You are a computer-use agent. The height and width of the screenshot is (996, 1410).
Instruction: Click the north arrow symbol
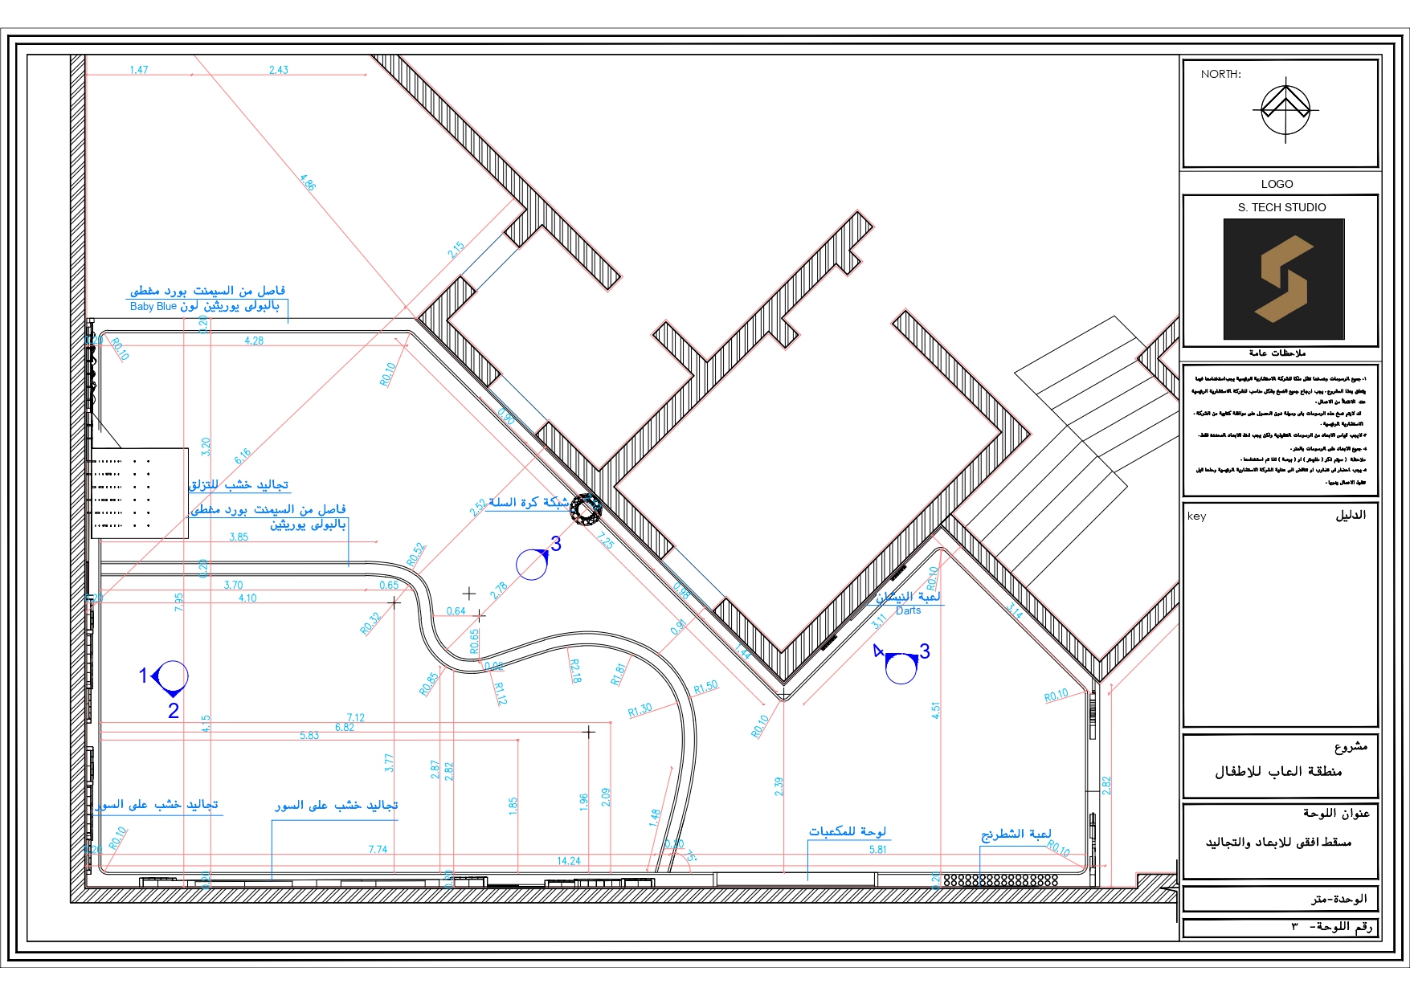[x=1285, y=109]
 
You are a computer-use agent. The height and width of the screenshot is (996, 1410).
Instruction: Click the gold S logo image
[x=1283, y=279]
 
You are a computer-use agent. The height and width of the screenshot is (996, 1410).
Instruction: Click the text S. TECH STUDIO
[x=1281, y=207]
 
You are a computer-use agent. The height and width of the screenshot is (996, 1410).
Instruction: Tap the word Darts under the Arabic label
[x=908, y=610]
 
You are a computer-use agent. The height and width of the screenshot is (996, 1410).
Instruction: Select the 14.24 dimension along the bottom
[x=568, y=861]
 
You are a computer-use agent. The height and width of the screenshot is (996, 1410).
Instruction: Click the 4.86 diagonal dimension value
[x=308, y=182]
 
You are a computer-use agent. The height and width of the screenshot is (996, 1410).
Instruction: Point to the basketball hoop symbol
[x=586, y=509]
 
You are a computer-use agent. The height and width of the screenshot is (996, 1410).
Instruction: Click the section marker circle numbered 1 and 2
[x=171, y=677]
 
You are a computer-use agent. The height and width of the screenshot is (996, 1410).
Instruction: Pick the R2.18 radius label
[x=574, y=671]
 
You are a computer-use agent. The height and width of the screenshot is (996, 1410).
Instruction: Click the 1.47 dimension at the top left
[x=139, y=70]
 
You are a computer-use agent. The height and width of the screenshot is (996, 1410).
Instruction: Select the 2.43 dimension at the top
[x=278, y=70]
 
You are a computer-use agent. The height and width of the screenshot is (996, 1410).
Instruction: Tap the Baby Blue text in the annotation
[x=153, y=307]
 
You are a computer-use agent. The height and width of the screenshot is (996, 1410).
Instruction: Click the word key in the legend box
[x=1196, y=516]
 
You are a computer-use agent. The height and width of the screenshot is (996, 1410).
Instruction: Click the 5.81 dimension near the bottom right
[x=877, y=849]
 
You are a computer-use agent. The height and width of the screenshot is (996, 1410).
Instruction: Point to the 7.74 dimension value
[x=378, y=849]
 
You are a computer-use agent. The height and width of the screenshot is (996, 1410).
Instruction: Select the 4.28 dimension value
[x=254, y=341]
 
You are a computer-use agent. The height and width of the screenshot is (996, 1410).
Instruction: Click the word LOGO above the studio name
[x=1277, y=184]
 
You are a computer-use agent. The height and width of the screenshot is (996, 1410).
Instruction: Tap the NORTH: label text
[x=1220, y=74]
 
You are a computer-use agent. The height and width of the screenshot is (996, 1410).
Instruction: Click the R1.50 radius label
[x=706, y=688]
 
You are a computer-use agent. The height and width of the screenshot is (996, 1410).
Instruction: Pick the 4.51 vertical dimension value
[x=935, y=710]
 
